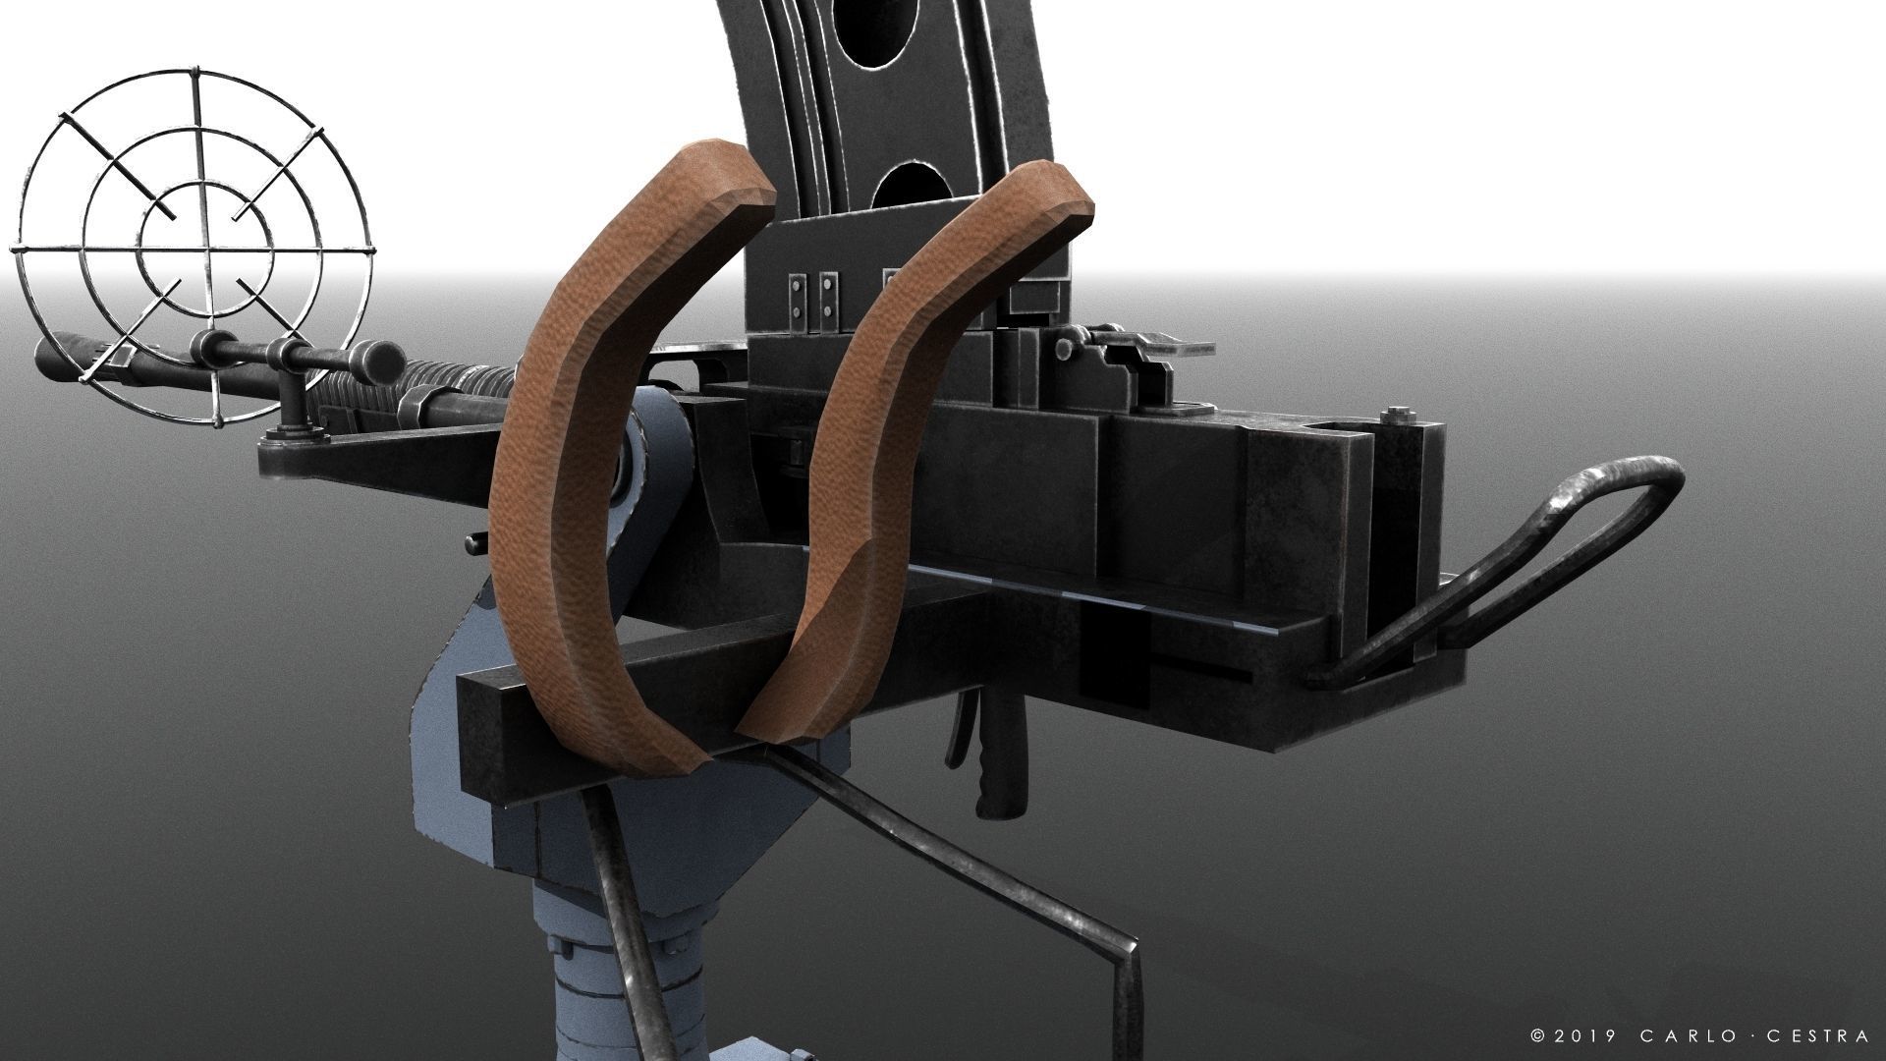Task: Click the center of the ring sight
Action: [197, 240]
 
